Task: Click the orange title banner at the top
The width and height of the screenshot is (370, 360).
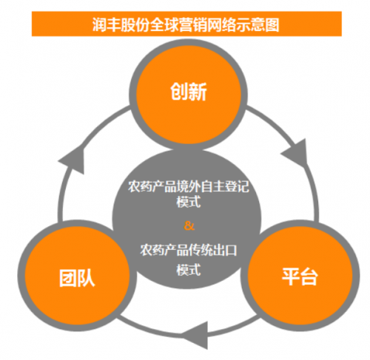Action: tap(186, 24)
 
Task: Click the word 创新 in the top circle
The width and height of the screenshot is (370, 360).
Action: tap(189, 92)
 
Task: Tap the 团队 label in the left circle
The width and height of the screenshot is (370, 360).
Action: tap(77, 278)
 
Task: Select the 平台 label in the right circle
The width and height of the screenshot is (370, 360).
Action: tap(300, 276)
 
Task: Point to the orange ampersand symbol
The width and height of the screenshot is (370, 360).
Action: tap(189, 225)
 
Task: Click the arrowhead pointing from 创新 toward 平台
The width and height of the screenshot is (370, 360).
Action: tap(295, 152)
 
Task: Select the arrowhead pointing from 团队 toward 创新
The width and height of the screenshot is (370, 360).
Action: tap(72, 160)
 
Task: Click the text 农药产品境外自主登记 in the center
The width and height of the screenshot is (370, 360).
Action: tap(189, 186)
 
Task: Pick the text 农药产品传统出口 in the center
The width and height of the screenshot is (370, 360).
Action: tap(189, 251)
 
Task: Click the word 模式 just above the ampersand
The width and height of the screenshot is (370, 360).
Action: tap(189, 202)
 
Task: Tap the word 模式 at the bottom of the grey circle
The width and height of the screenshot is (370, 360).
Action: tap(189, 270)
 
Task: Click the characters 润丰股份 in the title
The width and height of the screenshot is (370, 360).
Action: tap(121, 25)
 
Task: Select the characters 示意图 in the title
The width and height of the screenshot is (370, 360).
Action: tap(258, 25)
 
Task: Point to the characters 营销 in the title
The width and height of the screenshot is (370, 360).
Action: tap(192, 25)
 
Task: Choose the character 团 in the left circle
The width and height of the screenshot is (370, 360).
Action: tap(67, 278)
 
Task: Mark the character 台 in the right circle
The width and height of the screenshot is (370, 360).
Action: tap(309, 276)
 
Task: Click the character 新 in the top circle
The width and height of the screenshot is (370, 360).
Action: tap(198, 92)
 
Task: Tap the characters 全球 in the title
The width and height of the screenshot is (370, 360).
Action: tap(164, 25)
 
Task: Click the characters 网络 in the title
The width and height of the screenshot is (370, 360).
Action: tap(221, 25)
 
